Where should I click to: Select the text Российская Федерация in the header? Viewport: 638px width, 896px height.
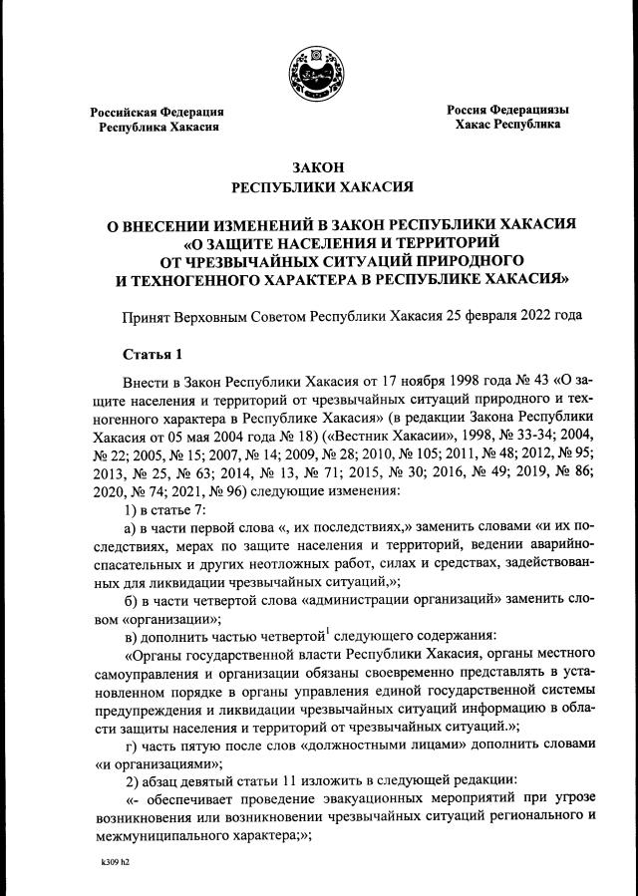158,112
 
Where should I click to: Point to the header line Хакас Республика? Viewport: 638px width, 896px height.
507,126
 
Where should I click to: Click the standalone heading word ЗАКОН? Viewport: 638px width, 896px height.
319,167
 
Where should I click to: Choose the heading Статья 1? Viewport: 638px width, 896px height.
155,355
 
